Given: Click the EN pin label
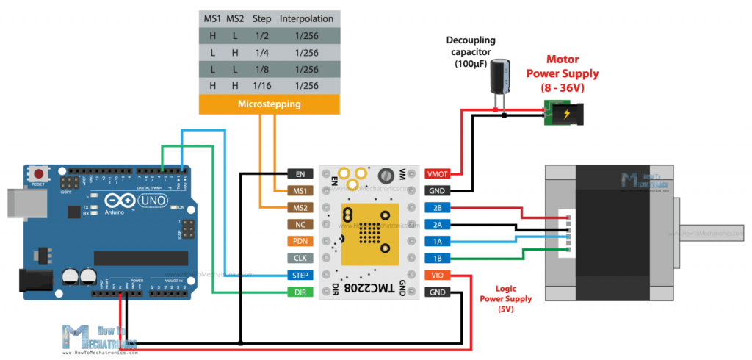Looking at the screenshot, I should [x=300, y=174].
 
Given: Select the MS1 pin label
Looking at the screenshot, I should [x=300, y=191].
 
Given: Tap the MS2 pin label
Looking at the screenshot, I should [x=300, y=208].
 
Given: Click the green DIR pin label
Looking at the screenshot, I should [x=300, y=292].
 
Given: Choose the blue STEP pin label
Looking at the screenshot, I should [x=300, y=276].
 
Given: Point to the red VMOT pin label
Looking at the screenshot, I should [x=435, y=174].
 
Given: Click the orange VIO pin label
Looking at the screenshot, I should [x=435, y=276].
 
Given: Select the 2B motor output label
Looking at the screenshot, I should [x=435, y=208].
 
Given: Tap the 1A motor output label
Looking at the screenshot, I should [x=435, y=242].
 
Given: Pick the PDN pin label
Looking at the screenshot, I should [x=300, y=242].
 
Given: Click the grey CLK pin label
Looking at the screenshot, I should [x=300, y=259].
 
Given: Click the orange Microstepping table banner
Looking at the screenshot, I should [x=269, y=104].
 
